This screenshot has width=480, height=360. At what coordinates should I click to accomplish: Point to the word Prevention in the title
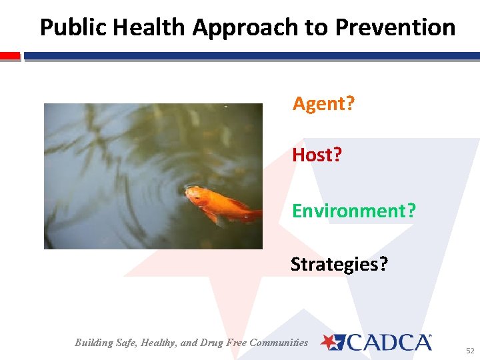(x=395, y=27)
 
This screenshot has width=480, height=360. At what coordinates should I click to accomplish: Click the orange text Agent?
(x=323, y=103)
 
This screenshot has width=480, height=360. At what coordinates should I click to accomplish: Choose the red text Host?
(x=317, y=155)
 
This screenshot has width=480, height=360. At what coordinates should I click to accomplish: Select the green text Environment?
(x=353, y=211)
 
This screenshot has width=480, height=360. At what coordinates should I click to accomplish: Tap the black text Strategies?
(x=339, y=265)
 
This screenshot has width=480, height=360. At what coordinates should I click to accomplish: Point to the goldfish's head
(x=193, y=194)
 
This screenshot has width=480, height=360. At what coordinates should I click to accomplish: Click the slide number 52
(x=470, y=350)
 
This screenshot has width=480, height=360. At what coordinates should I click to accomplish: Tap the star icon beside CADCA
(x=331, y=343)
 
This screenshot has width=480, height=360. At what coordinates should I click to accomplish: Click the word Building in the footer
(x=94, y=343)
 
